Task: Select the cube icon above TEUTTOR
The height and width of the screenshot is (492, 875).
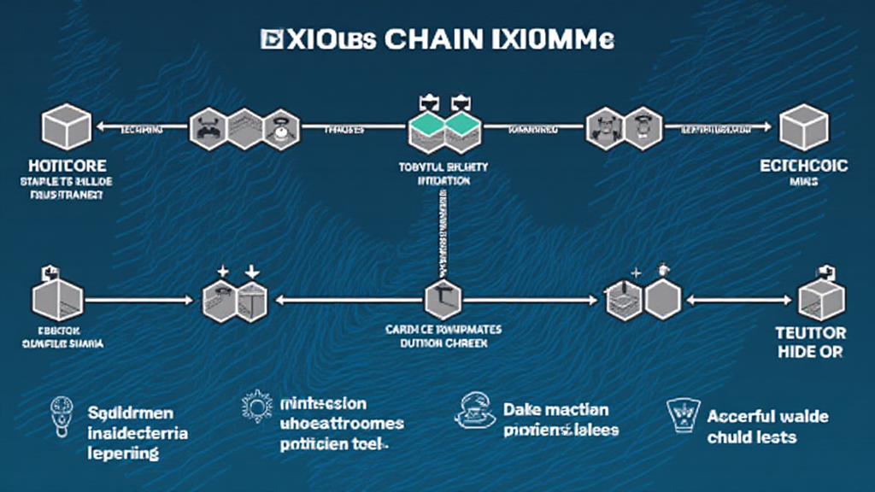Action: click(x=820, y=299)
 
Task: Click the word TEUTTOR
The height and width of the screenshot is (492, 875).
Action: click(x=809, y=333)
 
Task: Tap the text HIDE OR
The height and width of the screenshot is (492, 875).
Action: click(x=809, y=351)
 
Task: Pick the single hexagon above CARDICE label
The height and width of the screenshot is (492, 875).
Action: click(x=442, y=300)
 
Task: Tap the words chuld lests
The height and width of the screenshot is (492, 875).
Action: click(x=752, y=437)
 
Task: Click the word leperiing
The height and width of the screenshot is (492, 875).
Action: click(x=123, y=453)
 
